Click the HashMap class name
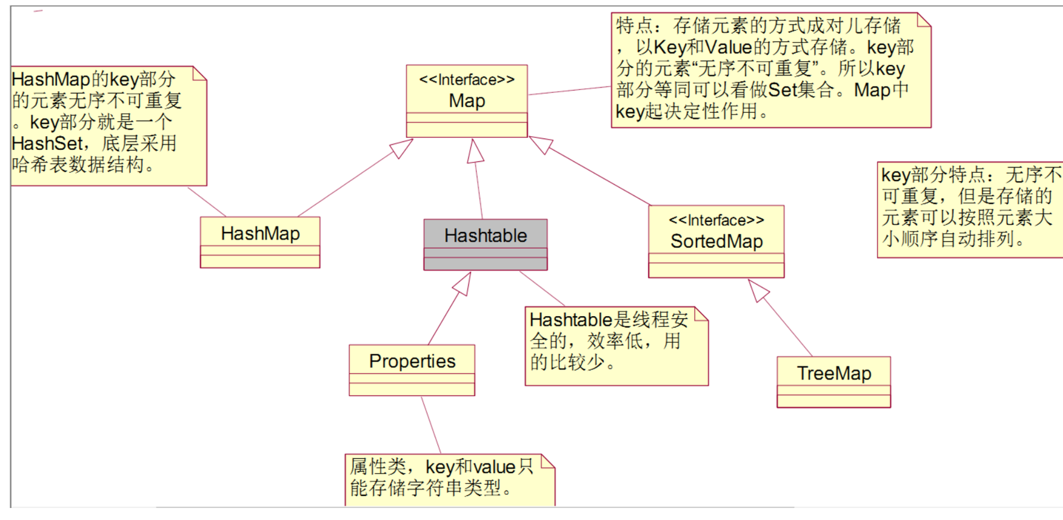(x=260, y=233)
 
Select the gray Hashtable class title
(x=485, y=236)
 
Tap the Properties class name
(x=412, y=361)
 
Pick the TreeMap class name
(x=834, y=373)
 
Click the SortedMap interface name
(x=717, y=241)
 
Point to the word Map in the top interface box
(x=467, y=101)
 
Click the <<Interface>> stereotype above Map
(x=467, y=80)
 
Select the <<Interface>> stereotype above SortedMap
(x=717, y=220)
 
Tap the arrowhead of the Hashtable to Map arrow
(x=475, y=151)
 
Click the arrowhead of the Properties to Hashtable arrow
(x=463, y=283)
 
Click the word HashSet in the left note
(x=47, y=143)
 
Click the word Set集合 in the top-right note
(x=801, y=90)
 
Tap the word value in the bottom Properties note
(x=496, y=467)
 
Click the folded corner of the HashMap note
(x=200, y=73)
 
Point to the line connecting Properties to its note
(x=431, y=425)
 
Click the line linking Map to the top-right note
(x=569, y=91)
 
